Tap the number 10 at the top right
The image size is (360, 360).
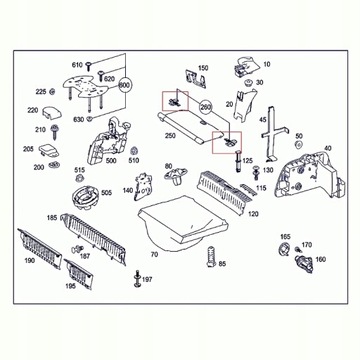point(266,63)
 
